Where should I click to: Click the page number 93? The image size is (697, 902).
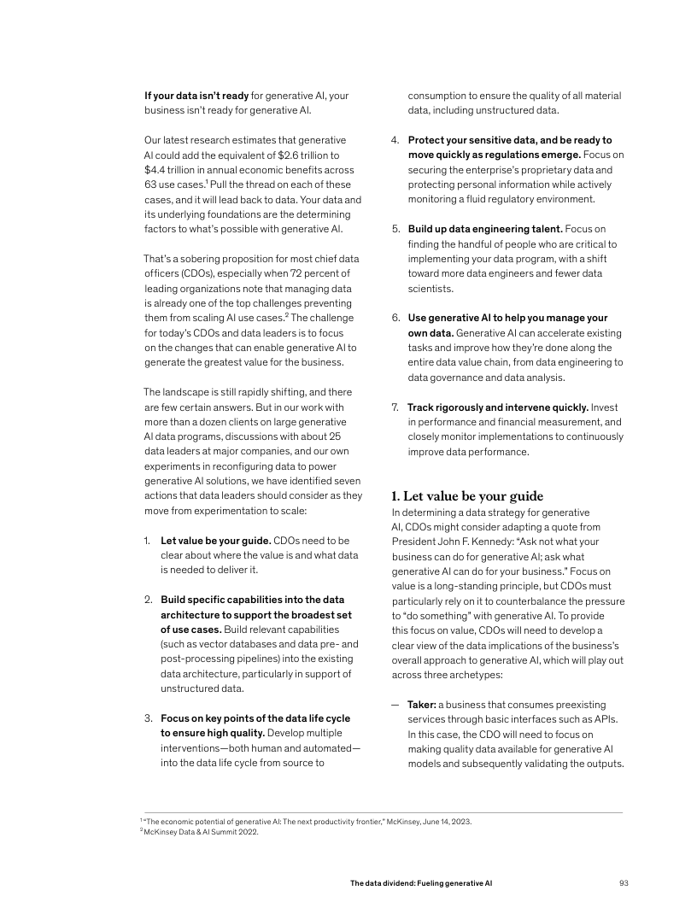coord(624,882)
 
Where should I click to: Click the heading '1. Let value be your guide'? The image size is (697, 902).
coord(467,496)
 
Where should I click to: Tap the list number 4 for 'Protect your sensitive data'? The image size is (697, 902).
coord(395,139)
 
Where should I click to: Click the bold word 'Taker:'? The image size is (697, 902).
coord(422,705)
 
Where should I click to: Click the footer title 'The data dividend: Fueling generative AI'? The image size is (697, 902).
coord(421,882)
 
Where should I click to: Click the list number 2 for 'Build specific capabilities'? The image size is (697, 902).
coord(147,600)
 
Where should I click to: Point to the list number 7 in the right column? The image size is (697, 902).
coord(395,407)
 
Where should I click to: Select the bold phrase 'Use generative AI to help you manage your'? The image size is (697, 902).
coord(507,318)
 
